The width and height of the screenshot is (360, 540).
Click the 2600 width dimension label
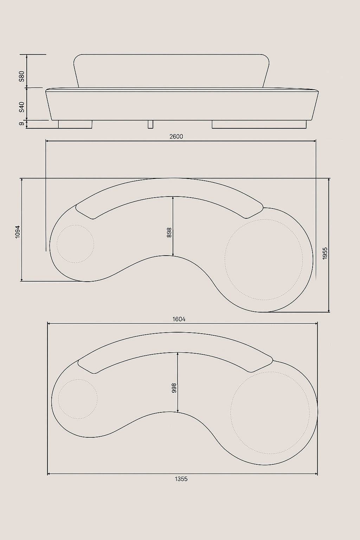pos(176,136)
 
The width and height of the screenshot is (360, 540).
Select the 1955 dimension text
pos(325,253)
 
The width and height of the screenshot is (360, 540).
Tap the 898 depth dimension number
pos(169,233)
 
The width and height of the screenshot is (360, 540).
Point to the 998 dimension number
pos(174,388)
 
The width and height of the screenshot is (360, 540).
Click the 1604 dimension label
pos(179,319)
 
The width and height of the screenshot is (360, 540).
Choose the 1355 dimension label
pos(181,479)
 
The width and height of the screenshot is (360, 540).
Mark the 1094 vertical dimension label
pos(18,232)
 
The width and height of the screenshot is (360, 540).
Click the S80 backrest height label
pos(22,76)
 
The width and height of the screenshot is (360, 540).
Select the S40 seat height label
pos(22,107)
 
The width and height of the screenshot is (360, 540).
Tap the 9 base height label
pos(22,123)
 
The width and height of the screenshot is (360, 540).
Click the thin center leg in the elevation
pos(150,124)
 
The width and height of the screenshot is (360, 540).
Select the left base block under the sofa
pos(75,124)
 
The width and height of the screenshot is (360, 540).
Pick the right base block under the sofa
pos(259,124)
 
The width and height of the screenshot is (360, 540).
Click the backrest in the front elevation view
pos(171,70)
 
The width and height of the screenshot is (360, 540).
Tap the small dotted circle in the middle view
pos(76,244)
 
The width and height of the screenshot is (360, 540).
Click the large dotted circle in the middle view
pos(264,259)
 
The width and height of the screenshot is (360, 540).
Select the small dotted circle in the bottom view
pos(78,399)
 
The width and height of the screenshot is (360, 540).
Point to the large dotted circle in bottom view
pos(270,412)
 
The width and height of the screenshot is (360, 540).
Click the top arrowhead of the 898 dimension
pos(173,198)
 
